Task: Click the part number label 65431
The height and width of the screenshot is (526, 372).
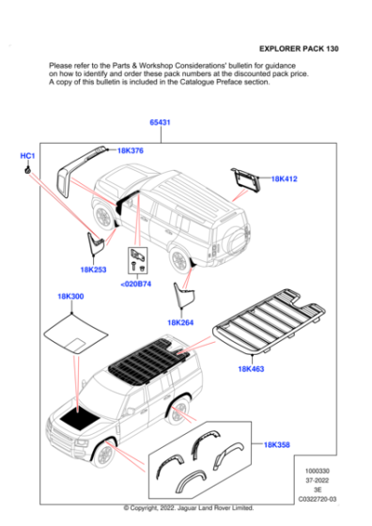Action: click(160, 123)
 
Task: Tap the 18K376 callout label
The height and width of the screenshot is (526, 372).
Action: click(131, 150)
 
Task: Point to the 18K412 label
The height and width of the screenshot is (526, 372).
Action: click(284, 178)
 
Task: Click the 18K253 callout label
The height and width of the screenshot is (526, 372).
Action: click(93, 270)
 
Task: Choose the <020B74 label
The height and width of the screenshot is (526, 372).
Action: click(136, 284)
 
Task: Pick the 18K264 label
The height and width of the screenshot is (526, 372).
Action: click(180, 322)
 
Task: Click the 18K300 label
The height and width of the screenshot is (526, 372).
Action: click(70, 297)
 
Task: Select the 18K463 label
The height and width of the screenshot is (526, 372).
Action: click(251, 369)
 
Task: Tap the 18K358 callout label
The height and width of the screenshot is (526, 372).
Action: click(277, 444)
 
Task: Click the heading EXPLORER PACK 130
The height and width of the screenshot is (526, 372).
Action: click(300, 47)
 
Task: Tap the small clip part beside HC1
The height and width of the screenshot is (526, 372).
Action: click(29, 168)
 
